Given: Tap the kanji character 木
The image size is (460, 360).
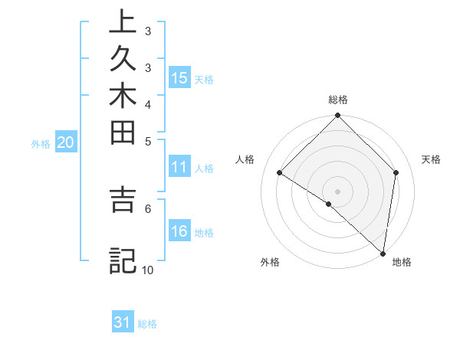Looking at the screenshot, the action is coord(123,100).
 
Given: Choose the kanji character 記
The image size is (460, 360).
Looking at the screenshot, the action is coord(123,261).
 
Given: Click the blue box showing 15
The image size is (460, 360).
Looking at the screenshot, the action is coord(179,78).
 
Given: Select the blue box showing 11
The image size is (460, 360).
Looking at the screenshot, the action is coord(179,168).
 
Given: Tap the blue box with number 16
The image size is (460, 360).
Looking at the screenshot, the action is coord(179,232).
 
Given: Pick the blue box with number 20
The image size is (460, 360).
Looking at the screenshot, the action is coord(66,142).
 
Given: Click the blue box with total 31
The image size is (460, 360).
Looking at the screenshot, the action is coord(123,322).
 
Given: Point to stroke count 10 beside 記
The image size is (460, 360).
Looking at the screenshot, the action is coord(147,270).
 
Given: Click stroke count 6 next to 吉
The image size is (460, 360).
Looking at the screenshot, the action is coord(147,208).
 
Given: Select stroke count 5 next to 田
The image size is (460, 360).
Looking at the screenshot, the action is coord(147,141).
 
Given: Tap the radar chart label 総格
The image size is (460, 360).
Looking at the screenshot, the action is coord(338,100).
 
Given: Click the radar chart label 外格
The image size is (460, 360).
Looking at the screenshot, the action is coord(270,262).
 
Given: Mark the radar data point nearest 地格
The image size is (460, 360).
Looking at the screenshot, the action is coord(382,252).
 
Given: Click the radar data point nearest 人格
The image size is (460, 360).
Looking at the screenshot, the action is coord(280,173).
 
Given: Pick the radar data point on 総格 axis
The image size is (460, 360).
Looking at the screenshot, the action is coord(338,116).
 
